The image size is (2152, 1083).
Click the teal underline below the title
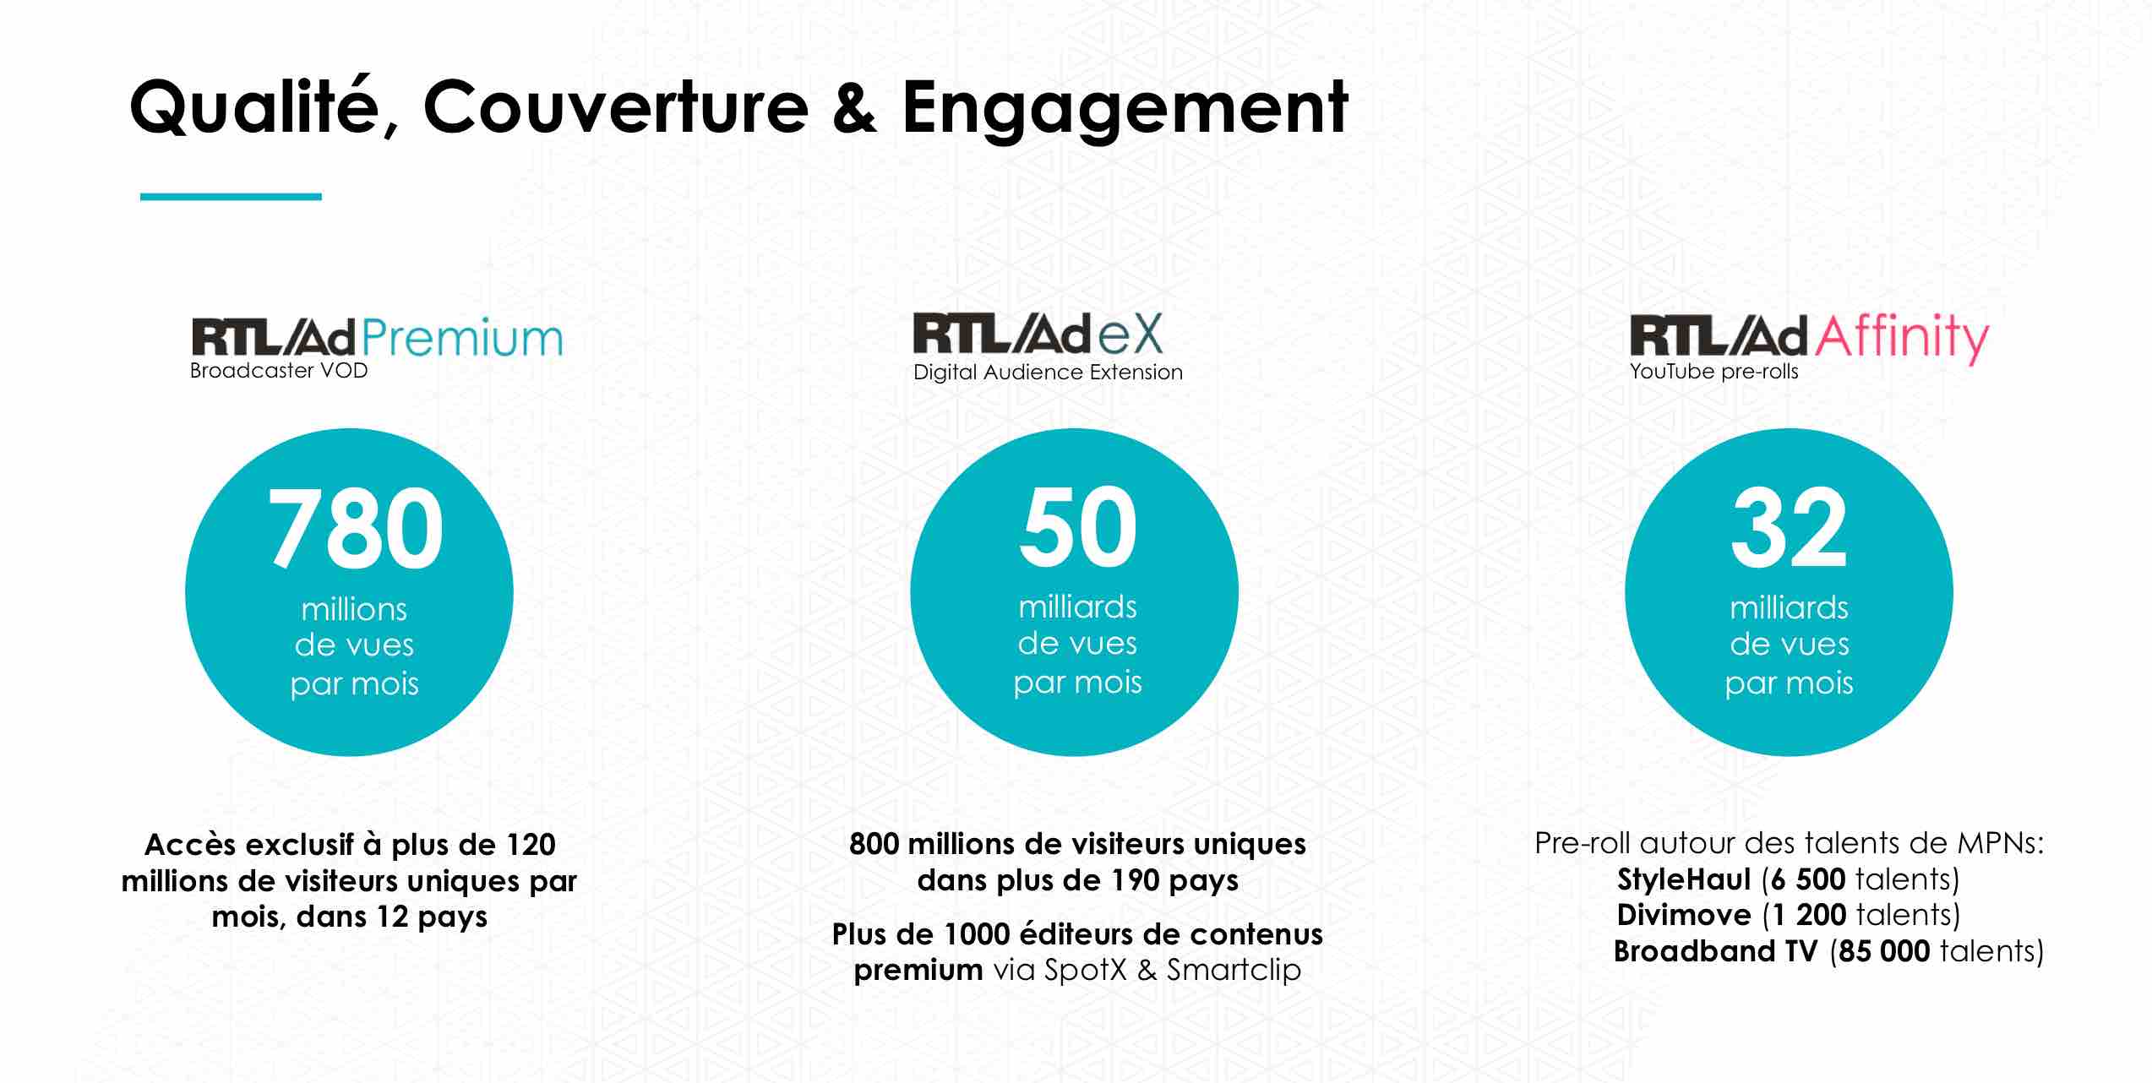point(231,197)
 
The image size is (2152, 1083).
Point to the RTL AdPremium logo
point(377,338)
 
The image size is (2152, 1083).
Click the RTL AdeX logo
point(1038,333)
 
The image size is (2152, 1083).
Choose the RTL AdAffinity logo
point(1809,338)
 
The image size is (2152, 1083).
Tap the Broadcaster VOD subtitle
point(279,371)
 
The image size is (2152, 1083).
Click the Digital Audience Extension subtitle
point(1048,373)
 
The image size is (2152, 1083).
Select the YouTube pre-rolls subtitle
point(1713,372)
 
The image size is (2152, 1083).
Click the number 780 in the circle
point(355,529)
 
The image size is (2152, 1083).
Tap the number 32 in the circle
point(1789,528)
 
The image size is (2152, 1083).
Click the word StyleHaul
point(1684,879)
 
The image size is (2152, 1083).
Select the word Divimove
point(1684,915)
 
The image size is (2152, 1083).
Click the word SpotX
point(1086,970)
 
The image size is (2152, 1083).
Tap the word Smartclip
point(1234,971)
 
